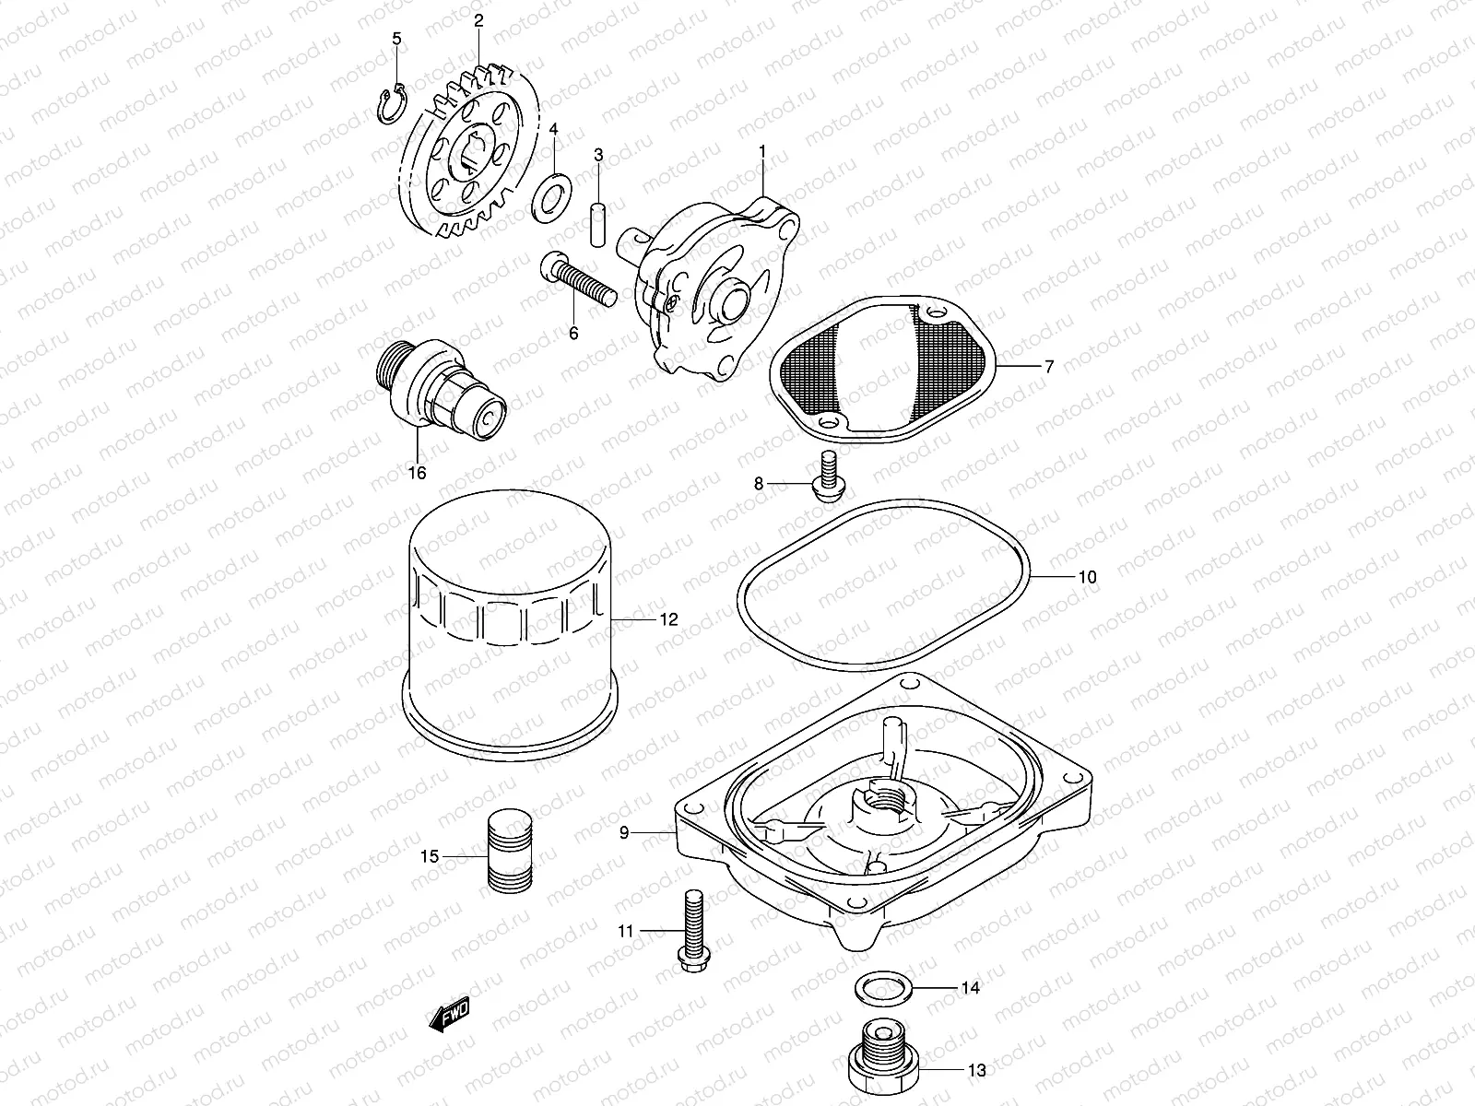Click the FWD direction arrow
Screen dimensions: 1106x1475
[x=450, y=1016]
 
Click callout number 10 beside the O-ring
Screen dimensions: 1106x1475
[x=1087, y=578]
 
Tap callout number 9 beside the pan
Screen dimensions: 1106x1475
[x=624, y=832]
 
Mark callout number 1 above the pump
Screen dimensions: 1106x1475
[x=762, y=149]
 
